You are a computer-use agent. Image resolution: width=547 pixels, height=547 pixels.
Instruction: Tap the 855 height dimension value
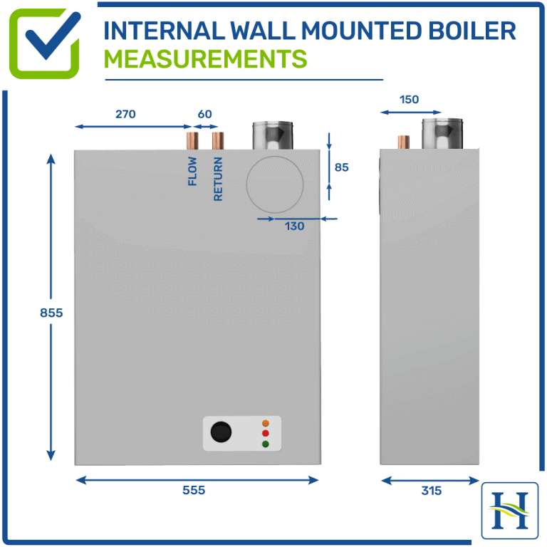(51, 313)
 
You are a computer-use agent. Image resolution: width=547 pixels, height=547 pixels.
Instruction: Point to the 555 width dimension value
(194, 491)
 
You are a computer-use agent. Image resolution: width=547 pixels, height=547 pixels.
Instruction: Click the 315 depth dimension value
(431, 491)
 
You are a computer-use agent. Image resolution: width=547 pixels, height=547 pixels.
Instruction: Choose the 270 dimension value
(125, 114)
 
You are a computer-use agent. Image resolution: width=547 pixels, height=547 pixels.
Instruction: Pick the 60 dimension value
(204, 114)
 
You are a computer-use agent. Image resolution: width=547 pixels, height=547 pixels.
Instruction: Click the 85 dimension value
(341, 167)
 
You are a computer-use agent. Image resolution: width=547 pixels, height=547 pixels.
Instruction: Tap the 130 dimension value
(294, 226)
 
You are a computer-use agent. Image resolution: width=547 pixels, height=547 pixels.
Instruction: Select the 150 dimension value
(410, 100)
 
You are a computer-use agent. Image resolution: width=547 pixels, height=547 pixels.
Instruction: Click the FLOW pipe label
(192, 172)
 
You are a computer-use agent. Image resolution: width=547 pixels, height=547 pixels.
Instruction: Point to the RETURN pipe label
(218, 179)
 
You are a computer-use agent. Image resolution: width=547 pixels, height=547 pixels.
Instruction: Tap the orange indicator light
(266, 423)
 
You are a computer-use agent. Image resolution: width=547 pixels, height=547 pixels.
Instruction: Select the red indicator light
(266, 433)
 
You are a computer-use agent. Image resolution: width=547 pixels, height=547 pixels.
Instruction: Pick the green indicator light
(266, 444)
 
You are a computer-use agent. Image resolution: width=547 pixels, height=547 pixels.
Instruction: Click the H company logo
(509, 510)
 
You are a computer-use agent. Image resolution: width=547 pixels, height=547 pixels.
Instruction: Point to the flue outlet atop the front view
(273, 135)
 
